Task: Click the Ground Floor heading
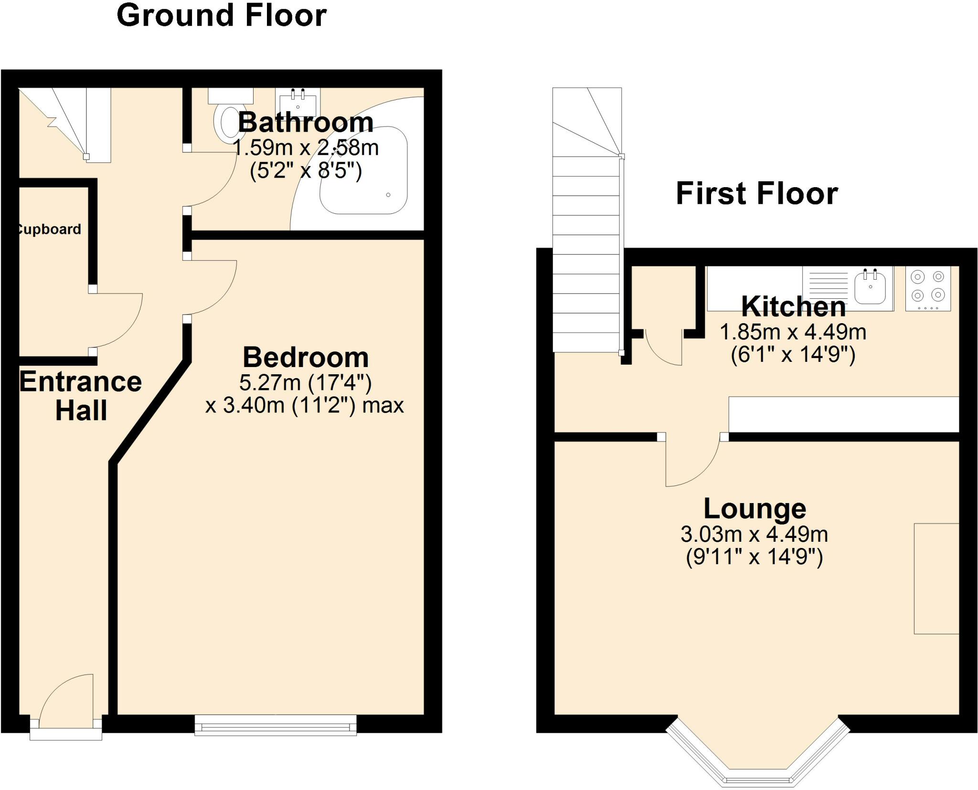pos(222,15)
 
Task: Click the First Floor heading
pos(756,193)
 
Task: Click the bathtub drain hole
pos(388,195)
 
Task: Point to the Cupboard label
pos(49,230)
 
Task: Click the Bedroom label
pos(306,357)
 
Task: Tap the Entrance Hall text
pos(80,396)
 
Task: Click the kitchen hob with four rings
pos(928,288)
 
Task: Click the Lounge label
pos(755,508)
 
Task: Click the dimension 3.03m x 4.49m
pos(754,534)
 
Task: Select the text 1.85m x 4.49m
pos(793,332)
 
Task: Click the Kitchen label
pos(793,307)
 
